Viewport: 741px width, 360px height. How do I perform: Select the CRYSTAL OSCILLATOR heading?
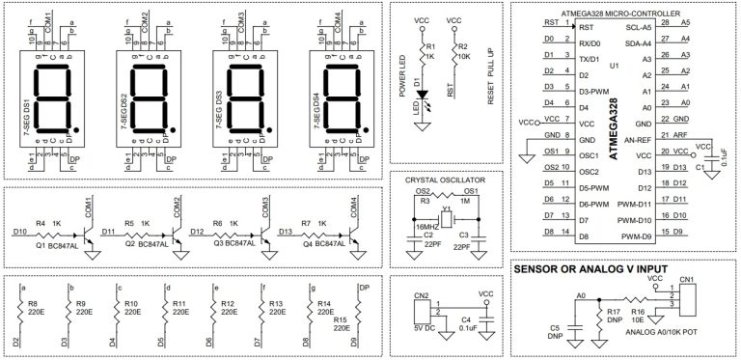[444, 180]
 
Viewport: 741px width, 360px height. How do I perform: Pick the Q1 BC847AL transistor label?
[56, 245]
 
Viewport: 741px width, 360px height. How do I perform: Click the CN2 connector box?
[420, 312]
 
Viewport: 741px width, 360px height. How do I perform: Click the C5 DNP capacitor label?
[555, 333]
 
